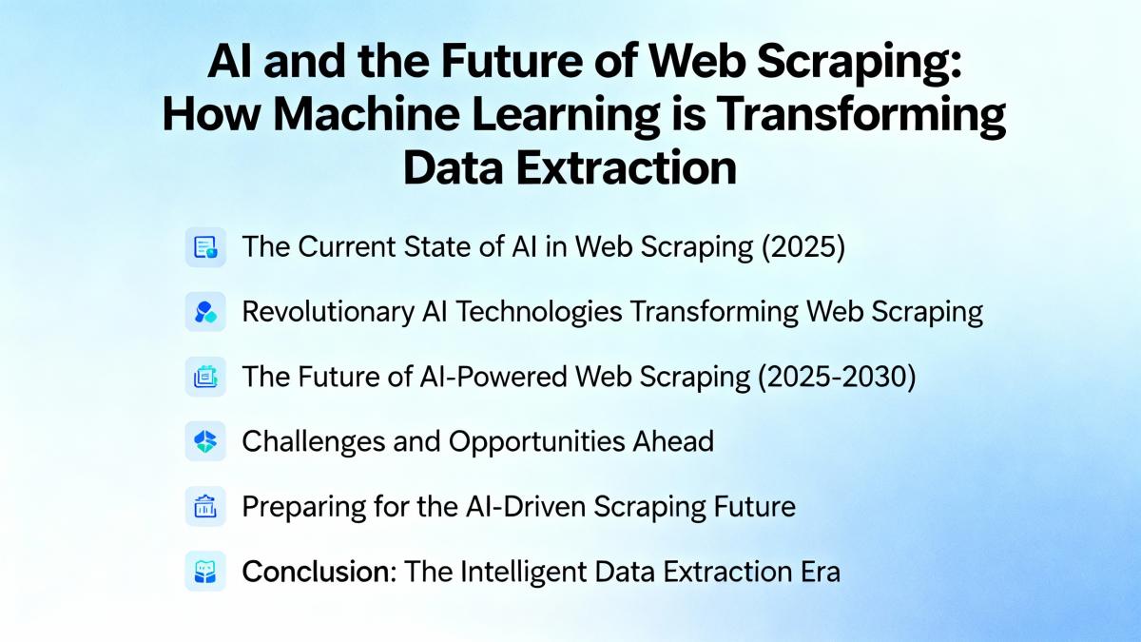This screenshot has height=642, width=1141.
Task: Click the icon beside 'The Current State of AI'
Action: pos(205,247)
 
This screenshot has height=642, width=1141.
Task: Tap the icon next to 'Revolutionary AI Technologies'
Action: pos(205,312)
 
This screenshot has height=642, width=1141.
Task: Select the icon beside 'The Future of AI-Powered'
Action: pos(205,377)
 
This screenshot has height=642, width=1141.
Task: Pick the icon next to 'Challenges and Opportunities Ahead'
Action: pos(205,441)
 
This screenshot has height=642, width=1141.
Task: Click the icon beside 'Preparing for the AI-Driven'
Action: pos(205,506)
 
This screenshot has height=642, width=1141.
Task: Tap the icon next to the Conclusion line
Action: pos(205,572)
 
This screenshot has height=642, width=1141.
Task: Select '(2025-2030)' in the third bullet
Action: pos(837,377)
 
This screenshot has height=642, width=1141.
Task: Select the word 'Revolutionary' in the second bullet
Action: pos(328,312)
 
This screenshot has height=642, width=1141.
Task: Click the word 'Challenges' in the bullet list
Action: pos(313,441)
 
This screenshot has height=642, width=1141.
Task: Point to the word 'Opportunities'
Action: pos(536,441)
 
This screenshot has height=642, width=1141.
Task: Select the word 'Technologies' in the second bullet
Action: pos(538,312)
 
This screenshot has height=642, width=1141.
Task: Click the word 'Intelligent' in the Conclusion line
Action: pos(524,573)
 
